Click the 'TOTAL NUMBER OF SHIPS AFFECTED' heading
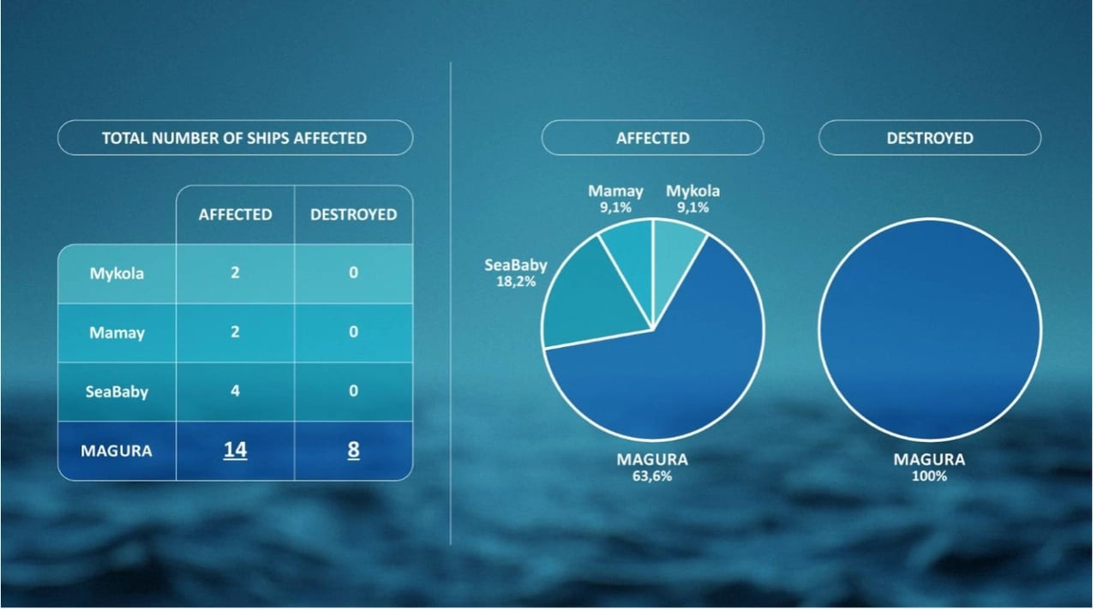click(x=235, y=138)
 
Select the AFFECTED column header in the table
click(x=235, y=214)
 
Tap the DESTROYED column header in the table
click(x=354, y=214)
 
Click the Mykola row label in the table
click(x=117, y=273)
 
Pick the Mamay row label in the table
click(x=117, y=333)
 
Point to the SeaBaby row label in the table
click(x=117, y=392)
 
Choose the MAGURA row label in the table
click(x=117, y=451)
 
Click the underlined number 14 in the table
click(x=235, y=450)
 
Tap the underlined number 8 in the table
click(x=354, y=450)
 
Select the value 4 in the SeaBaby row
click(x=235, y=392)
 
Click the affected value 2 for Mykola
click(x=235, y=272)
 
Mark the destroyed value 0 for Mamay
click(x=354, y=332)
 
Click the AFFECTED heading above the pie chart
click(x=653, y=138)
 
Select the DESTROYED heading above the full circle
click(x=930, y=138)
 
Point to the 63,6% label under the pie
click(x=652, y=476)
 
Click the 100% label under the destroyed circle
click(x=930, y=476)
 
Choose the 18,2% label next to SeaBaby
click(x=516, y=282)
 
